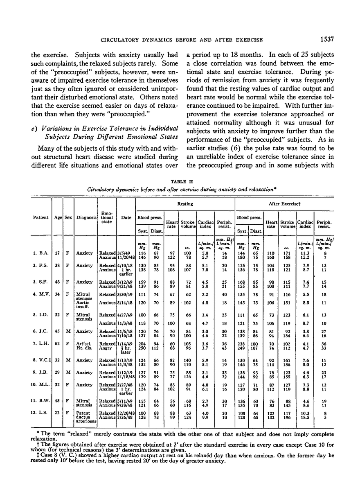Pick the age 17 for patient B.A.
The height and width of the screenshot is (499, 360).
tap(58, 254)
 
